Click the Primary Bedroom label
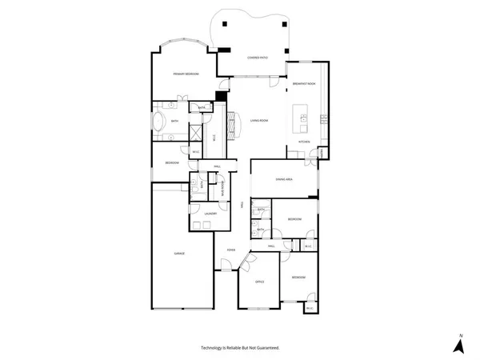[x=186, y=74]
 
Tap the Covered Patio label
[x=257, y=58]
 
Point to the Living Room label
[x=258, y=120]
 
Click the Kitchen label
[x=304, y=142]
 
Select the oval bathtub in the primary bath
[x=158, y=123]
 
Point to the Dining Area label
[x=284, y=179]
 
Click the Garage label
[x=180, y=253]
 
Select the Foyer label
[x=230, y=250]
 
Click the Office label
[x=259, y=282]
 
